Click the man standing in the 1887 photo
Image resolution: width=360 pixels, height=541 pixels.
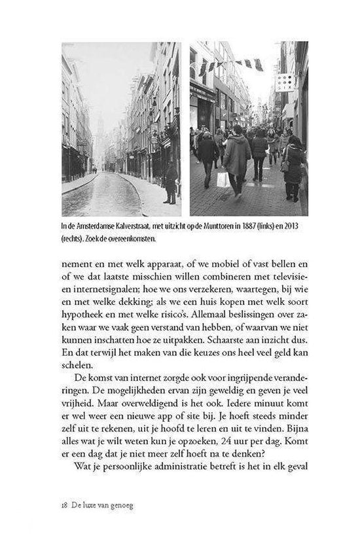[x=170, y=183]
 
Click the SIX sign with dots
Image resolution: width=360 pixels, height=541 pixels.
[x=285, y=82]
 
